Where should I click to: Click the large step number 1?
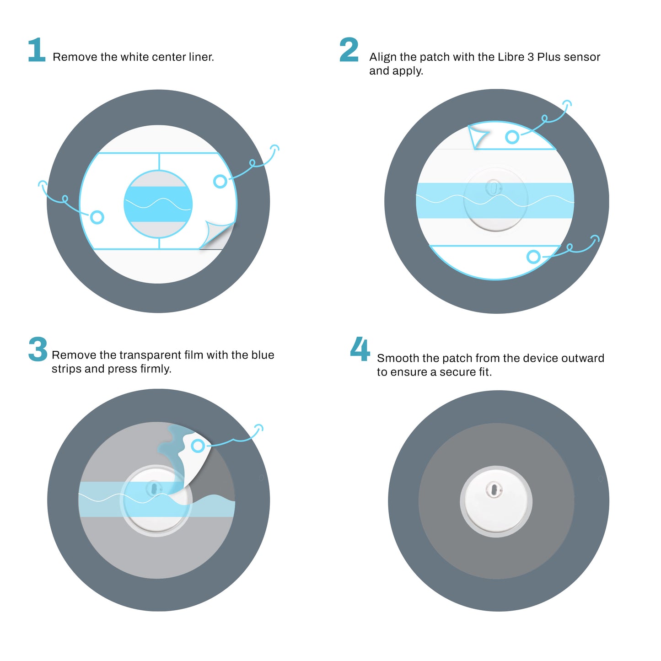(37, 50)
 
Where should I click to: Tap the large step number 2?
(349, 50)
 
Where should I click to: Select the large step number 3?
(38, 349)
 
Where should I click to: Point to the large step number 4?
(360, 349)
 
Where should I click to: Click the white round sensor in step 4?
(496, 501)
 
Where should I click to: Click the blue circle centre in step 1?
(158, 204)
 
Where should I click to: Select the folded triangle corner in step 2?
(478, 136)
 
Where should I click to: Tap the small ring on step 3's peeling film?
(198, 446)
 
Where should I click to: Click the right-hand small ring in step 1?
(220, 181)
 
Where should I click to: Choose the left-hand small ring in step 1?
(97, 217)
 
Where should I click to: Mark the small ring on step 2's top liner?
(512, 137)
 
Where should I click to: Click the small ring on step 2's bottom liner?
(533, 257)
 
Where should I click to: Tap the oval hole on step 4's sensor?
(494, 490)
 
